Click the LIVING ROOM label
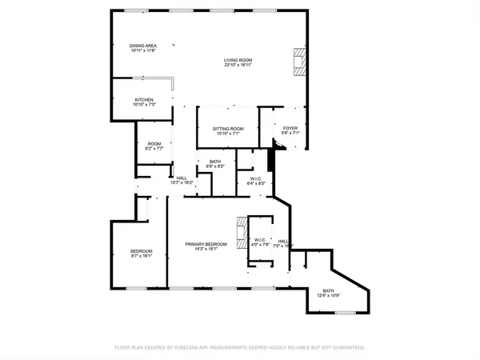pos(238,60)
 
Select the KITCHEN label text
pos(143,100)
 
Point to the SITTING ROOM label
pos(228,128)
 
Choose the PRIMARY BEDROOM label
pos(206,243)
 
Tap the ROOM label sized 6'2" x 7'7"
pos(154,143)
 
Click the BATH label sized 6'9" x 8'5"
pos(215,162)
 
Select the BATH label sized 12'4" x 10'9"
pos(328,290)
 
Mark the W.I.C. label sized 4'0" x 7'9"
pos(260,239)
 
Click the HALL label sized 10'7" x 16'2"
pos(182,178)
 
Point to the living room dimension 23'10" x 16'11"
pos(238,66)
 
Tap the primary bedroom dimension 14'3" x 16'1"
pos(206,249)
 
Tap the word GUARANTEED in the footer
pos(347,348)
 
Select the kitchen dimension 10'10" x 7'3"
pos(143,105)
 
